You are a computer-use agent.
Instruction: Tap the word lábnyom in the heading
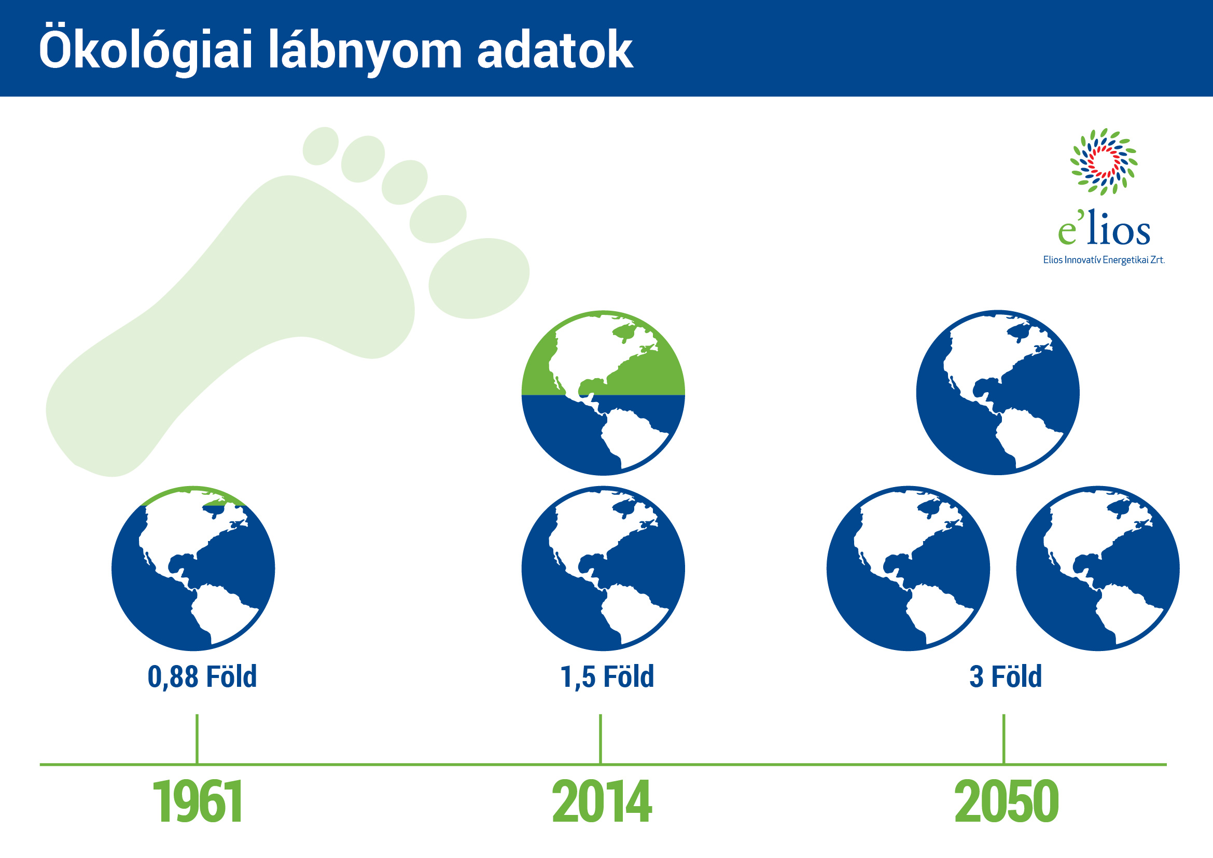[365, 50]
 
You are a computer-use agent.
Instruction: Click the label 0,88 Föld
[202, 677]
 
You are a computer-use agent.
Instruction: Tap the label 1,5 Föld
[607, 677]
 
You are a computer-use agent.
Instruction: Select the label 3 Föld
[1006, 677]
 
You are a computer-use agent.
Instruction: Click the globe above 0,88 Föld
[193, 568]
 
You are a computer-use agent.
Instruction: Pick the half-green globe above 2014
[603, 393]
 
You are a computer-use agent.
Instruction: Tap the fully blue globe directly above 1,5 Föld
[603, 568]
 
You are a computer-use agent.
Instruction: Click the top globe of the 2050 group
[998, 393]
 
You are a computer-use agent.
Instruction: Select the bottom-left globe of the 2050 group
[908, 568]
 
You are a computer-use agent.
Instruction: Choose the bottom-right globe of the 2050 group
[1098, 568]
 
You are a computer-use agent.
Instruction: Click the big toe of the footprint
[479, 278]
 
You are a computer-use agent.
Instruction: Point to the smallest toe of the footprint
[320, 146]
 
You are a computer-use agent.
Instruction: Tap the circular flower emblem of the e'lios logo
[1104, 161]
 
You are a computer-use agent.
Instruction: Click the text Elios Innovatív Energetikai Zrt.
[1104, 260]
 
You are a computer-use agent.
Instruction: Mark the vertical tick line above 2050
[1004, 739]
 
